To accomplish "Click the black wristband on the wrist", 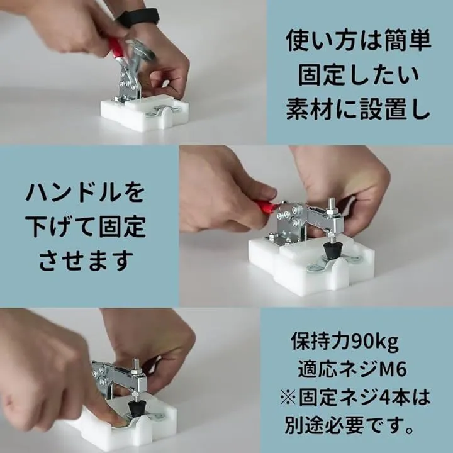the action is (x=138, y=18).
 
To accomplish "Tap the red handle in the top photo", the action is (x=116, y=48).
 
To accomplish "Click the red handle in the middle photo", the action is (x=266, y=207).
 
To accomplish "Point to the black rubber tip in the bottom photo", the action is (x=135, y=407).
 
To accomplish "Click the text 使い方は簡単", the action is (x=359, y=41).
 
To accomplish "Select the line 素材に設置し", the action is (x=358, y=109).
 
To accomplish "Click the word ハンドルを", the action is (x=85, y=192).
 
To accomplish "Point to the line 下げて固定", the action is (x=86, y=226).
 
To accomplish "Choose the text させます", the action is (x=86, y=260).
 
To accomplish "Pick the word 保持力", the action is (x=321, y=341).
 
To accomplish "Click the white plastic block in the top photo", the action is (x=145, y=113).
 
